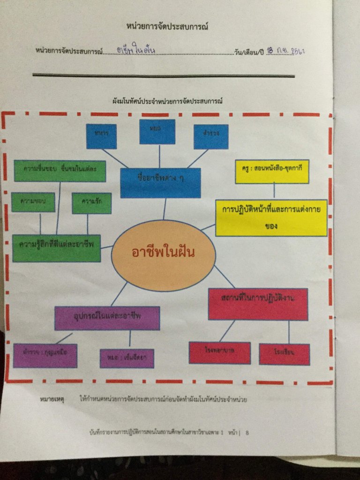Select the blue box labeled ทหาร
coord(101,136)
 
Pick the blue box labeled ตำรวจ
coord(211,136)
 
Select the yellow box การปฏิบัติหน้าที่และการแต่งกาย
coord(271,217)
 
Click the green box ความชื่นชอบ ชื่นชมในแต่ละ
coord(60,171)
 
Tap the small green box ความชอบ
coord(33,202)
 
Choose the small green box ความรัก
coord(92,203)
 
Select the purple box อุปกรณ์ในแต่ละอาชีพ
coord(107,318)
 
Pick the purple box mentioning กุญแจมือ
coord(45,355)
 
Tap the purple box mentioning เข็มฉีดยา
coord(127,358)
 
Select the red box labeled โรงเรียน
coord(284,354)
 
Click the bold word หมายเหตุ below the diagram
coord(52,400)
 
